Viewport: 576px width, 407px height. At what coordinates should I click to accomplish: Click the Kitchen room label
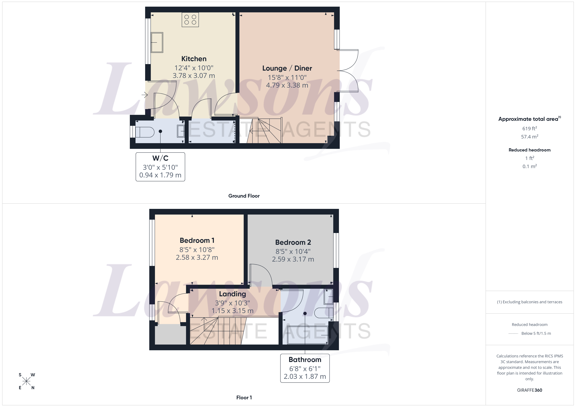click(x=194, y=59)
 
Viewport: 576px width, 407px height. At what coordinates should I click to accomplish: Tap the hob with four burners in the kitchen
click(x=190, y=20)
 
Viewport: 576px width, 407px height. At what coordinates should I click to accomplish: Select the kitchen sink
click(x=157, y=42)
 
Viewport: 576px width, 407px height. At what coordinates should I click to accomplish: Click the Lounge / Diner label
click(x=287, y=68)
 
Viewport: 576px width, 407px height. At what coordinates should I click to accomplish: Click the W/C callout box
click(x=160, y=167)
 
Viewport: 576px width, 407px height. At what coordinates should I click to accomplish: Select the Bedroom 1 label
click(x=197, y=241)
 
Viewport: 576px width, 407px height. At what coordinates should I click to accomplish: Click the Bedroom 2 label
click(x=293, y=242)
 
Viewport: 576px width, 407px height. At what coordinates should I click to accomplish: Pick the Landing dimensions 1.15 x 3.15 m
click(x=232, y=311)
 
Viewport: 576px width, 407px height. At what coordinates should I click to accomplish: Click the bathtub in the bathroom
click(x=308, y=335)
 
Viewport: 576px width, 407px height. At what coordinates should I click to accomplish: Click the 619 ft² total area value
click(x=529, y=128)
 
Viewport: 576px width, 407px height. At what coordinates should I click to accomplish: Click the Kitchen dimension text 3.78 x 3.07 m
click(x=194, y=76)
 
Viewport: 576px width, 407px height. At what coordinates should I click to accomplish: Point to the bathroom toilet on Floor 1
click(x=323, y=313)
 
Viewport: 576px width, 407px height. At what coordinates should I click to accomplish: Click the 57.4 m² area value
click(x=529, y=137)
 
